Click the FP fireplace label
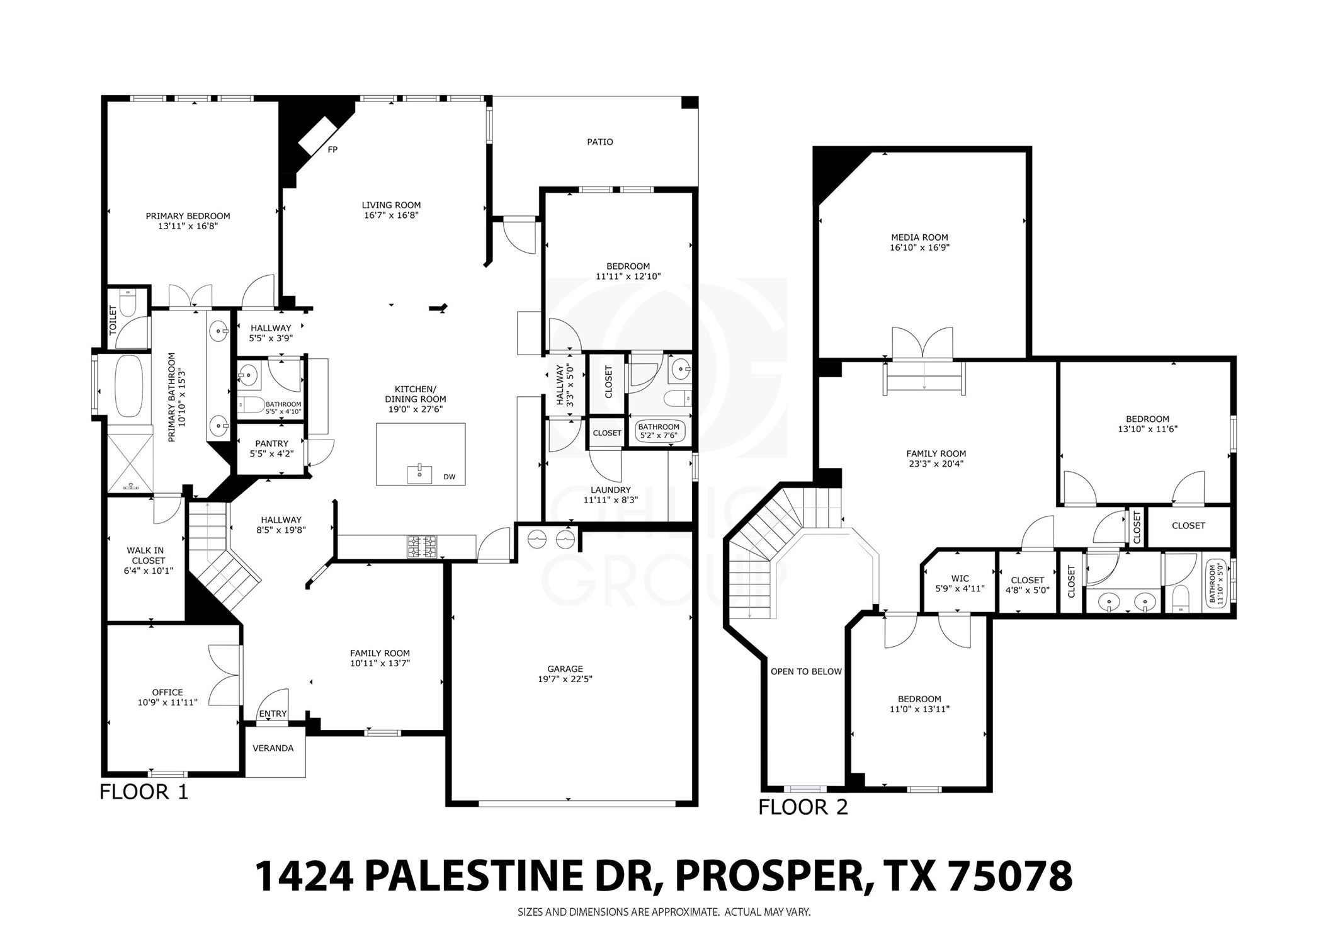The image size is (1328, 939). [332, 150]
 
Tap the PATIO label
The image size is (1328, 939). [599, 142]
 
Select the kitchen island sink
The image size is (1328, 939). [420, 474]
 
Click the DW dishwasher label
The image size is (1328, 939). [449, 477]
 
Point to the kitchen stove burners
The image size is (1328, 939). [421, 547]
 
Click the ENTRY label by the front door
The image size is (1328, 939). [273, 714]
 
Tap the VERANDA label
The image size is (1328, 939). [273, 748]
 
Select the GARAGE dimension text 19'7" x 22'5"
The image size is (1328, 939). [565, 679]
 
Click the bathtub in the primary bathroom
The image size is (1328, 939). [129, 385]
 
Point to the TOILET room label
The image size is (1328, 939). [113, 320]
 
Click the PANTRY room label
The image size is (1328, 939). [271, 443]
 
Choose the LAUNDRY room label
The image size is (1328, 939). [610, 490]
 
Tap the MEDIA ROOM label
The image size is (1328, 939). [919, 237]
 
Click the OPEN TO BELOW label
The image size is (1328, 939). [806, 671]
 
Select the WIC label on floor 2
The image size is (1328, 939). [960, 578]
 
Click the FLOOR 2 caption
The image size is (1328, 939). [803, 807]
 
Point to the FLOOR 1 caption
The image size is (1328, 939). [144, 792]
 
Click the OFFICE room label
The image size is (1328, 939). [167, 692]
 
